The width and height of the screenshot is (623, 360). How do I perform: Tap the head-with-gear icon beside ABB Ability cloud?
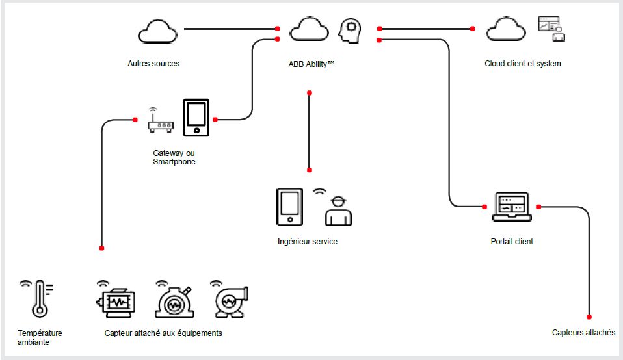click(351, 31)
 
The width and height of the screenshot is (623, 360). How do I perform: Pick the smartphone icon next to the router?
click(196, 118)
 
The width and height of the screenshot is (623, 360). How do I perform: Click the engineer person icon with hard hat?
click(338, 211)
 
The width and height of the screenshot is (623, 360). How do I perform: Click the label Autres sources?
click(153, 64)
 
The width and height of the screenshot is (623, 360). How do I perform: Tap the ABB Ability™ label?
click(311, 64)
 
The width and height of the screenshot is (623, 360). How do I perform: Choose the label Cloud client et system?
click(522, 64)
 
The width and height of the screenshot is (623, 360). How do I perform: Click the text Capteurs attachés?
click(583, 333)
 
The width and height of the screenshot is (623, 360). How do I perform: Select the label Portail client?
click(512, 242)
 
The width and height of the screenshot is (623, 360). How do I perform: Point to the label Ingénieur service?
click(308, 242)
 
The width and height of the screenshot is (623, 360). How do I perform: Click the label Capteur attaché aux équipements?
click(163, 333)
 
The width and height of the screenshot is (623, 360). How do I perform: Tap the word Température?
click(40, 333)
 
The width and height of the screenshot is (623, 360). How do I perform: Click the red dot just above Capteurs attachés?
click(589, 317)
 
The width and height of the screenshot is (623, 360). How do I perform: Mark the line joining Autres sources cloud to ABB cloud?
click(228, 29)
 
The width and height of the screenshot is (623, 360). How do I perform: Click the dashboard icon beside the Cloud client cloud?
click(551, 29)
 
